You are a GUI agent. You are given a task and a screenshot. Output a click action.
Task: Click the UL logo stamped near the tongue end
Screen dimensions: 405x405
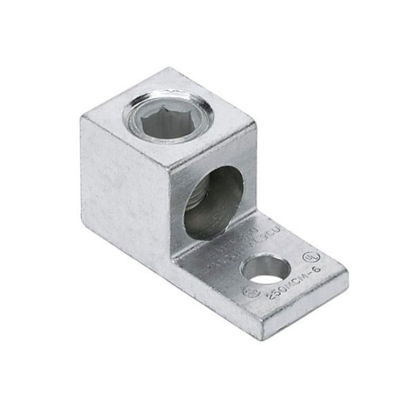click(311, 258)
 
